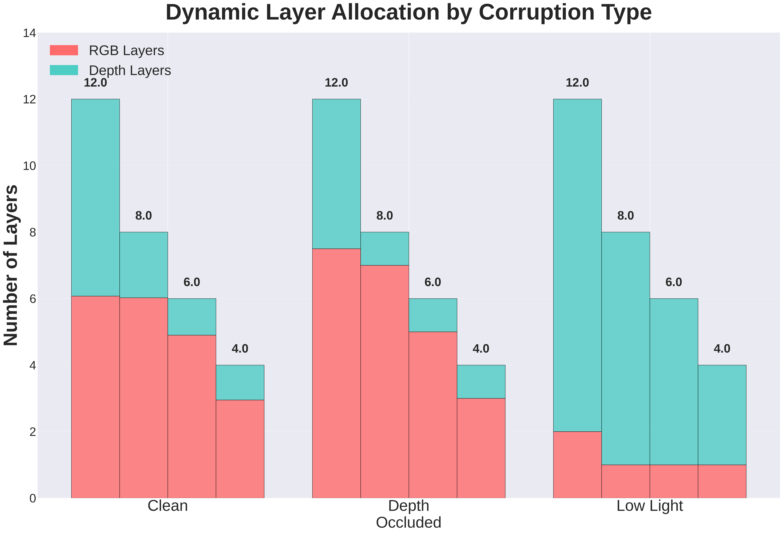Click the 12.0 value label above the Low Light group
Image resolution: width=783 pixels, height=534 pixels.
577,83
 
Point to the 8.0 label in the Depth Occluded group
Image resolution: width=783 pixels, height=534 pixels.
384,216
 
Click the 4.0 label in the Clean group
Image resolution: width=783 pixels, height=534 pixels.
240,349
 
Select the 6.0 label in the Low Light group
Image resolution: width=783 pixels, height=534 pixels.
673,282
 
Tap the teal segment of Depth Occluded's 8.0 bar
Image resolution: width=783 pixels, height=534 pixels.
384,249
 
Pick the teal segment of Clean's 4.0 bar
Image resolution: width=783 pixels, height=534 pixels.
240,382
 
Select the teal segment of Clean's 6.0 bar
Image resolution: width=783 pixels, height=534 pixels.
192,317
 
